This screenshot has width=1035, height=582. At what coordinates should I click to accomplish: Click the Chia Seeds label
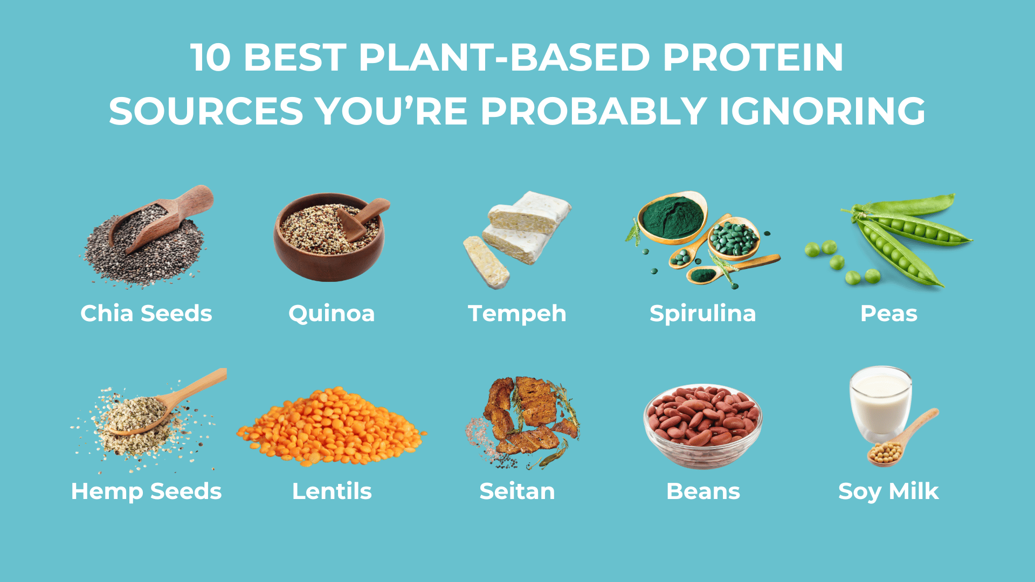(x=146, y=313)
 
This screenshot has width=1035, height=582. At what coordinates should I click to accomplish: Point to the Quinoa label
(x=332, y=313)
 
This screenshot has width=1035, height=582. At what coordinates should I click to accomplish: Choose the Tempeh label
(x=517, y=313)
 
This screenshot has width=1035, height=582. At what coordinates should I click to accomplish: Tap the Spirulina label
(x=702, y=313)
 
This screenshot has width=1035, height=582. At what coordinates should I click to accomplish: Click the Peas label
(x=888, y=313)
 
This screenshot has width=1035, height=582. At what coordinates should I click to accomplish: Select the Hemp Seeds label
(x=146, y=491)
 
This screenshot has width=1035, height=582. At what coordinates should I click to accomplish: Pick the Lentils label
(x=332, y=491)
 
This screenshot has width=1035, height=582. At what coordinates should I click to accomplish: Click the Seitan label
(x=517, y=491)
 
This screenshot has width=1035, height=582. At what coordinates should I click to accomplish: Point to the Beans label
(x=703, y=491)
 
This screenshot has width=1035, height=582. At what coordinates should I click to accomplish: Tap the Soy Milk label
(x=888, y=491)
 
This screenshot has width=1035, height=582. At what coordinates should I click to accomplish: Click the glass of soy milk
(x=880, y=404)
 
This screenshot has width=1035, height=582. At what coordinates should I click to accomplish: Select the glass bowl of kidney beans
(x=702, y=426)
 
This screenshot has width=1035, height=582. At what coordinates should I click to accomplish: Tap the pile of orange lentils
(x=332, y=428)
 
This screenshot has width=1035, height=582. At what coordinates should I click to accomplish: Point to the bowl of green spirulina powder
(x=672, y=217)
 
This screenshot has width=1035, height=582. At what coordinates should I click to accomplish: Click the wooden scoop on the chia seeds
(x=162, y=218)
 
